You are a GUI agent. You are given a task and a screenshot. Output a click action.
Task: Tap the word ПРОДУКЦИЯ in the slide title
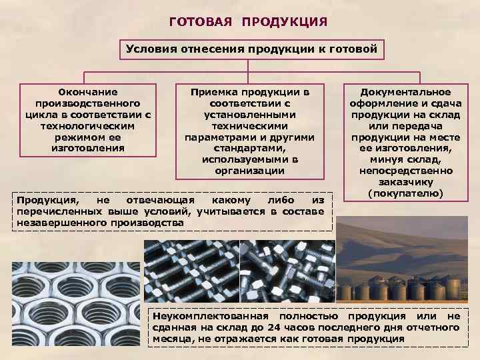285,23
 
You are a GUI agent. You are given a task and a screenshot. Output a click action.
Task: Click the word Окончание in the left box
87,92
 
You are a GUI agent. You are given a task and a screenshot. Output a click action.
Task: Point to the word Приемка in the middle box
213,92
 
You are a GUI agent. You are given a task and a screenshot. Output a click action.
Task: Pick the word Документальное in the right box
405,92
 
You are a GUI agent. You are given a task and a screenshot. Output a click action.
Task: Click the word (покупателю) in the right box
405,193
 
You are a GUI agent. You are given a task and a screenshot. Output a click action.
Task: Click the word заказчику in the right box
405,182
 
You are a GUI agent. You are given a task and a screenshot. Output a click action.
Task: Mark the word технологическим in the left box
87,126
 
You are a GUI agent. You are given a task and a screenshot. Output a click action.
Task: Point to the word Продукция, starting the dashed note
47,200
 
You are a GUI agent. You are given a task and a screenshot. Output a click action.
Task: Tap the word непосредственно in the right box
405,171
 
